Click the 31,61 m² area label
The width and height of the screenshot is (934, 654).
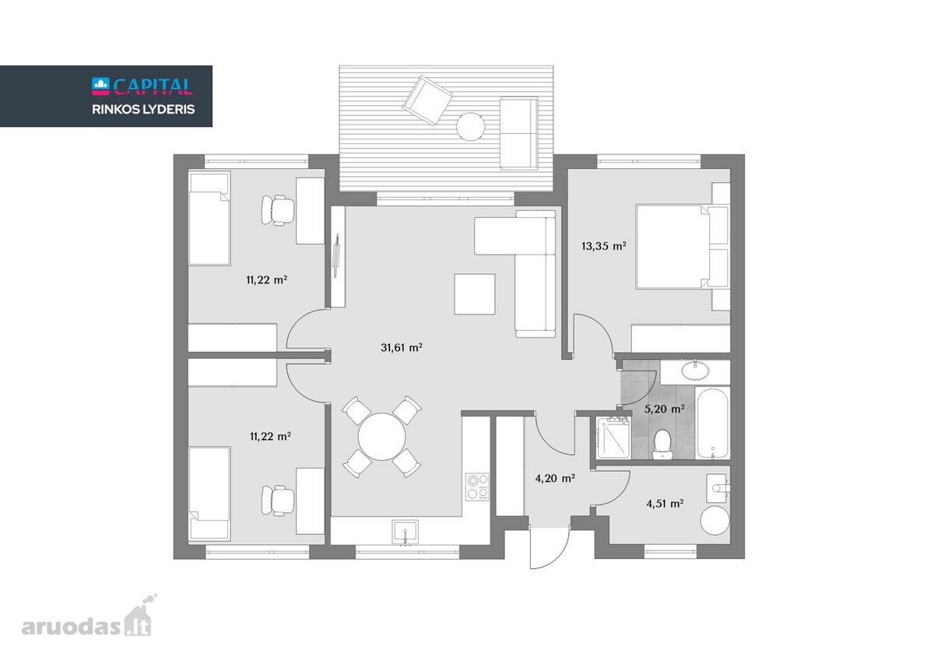coord(402,347)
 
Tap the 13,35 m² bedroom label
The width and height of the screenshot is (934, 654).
coord(604,246)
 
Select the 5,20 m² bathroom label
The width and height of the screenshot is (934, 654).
coord(664,409)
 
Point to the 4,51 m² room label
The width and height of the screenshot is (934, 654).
coord(665,504)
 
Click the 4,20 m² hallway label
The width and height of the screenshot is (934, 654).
coord(555,478)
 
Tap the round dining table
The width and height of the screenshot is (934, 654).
coord(381,437)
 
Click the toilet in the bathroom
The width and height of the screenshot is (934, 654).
coord(662,444)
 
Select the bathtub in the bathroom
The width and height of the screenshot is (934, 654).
coord(712,423)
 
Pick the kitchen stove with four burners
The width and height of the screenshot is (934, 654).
coord(477,487)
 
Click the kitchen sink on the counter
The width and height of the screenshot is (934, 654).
coord(406,532)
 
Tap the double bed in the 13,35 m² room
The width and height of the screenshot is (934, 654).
coord(682,246)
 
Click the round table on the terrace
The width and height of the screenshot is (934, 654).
coord(470,126)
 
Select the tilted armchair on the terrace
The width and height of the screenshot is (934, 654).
coord(427,100)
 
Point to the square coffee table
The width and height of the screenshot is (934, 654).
coord(475,294)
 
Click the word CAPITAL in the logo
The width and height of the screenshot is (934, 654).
coord(153,86)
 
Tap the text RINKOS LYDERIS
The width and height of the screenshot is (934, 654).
coord(143,109)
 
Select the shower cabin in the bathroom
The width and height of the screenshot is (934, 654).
coord(613,438)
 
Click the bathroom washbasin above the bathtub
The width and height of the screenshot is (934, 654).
coord(695,370)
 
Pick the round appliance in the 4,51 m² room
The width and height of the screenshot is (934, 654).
coord(715,520)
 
